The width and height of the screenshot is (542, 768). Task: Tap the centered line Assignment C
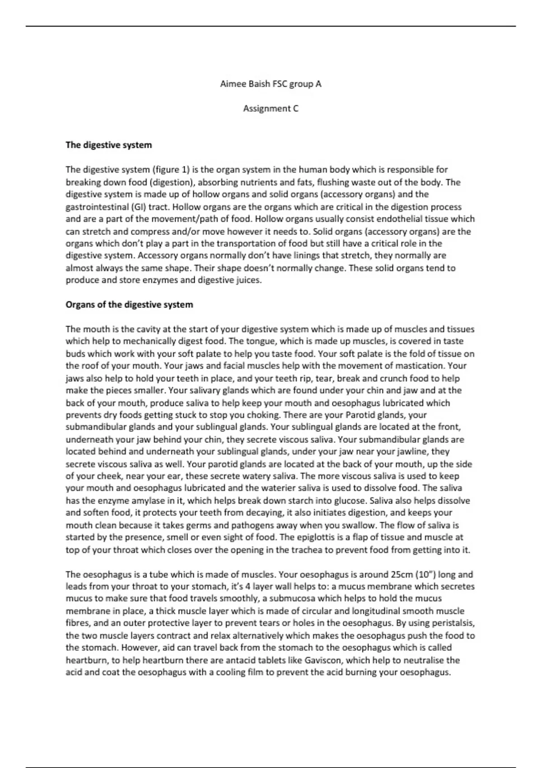[x=271, y=108]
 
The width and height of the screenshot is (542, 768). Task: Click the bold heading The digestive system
[x=108, y=145]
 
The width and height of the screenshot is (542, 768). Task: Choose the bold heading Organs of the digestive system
[x=129, y=304]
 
